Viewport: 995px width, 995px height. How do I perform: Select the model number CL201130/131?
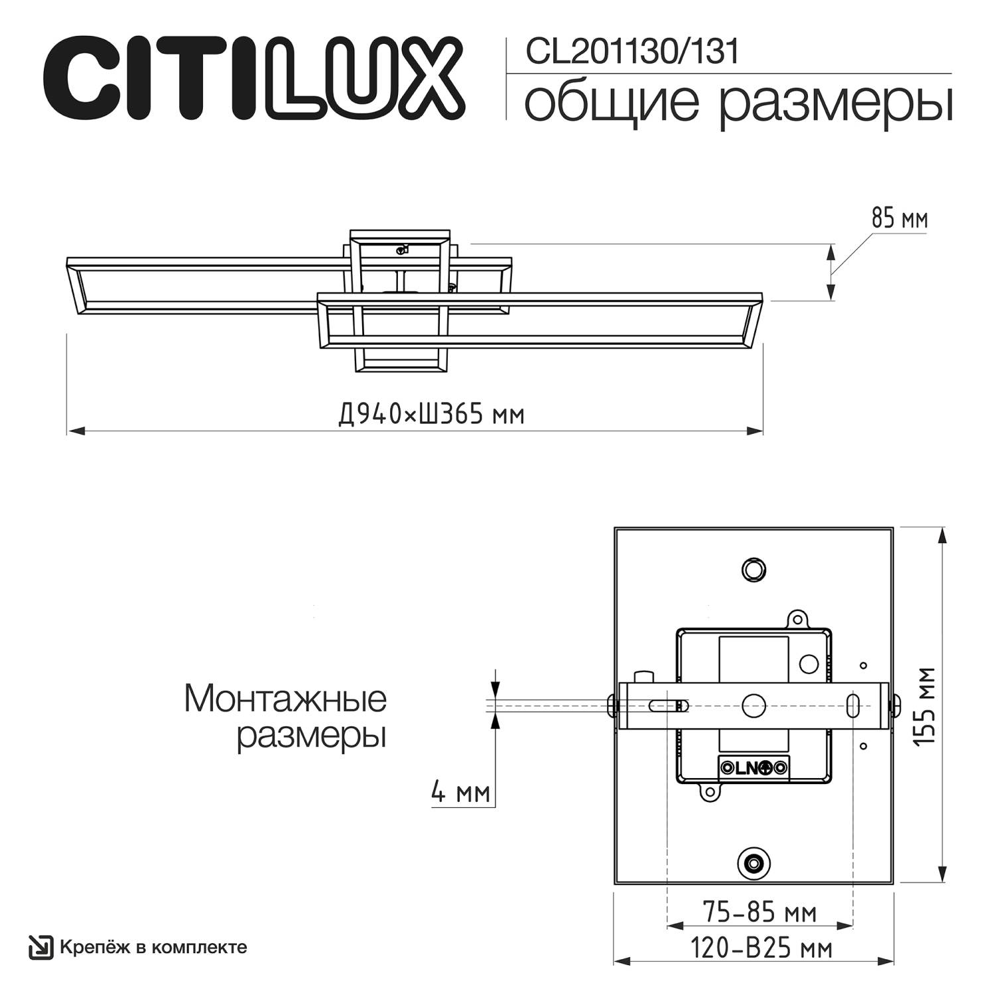pyautogui.click(x=631, y=52)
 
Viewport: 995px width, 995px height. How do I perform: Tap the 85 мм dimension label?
pyautogui.click(x=899, y=218)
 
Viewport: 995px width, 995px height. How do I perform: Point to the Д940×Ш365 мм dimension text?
pyautogui.click(x=431, y=415)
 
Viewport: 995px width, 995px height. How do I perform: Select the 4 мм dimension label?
pyautogui.click(x=460, y=792)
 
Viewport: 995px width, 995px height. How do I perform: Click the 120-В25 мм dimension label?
pyautogui.click(x=761, y=949)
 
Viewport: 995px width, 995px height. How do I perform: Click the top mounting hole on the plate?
pyautogui.click(x=753, y=569)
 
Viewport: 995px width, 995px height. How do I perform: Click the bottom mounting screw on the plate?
pyautogui.click(x=753, y=863)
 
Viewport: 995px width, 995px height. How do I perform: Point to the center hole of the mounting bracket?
pyautogui.click(x=754, y=706)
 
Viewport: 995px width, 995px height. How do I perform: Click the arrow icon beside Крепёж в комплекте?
pyautogui.click(x=40, y=947)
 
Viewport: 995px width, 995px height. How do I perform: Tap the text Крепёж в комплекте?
pyautogui.click(x=153, y=947)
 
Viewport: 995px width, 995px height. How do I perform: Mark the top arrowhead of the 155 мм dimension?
pyautogui.click(x=941, y=535)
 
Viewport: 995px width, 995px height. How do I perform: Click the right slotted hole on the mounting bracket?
pyautogui.click(x=854, y=706)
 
